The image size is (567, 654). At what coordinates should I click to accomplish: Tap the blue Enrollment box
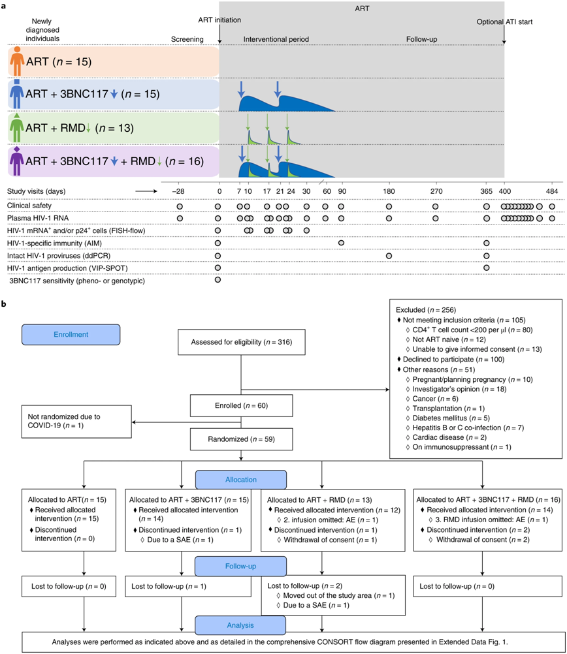(x=71, y=334)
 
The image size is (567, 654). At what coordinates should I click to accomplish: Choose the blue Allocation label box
(x=241, y=479)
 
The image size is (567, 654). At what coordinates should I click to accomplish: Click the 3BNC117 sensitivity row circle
(x=218, y=281)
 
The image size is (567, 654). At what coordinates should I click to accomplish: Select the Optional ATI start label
(x=504, y=22)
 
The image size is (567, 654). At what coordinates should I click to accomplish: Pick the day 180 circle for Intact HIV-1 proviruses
(x=389, y=255)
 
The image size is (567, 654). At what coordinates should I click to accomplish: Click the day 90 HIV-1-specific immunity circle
(x=342, y=243)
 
